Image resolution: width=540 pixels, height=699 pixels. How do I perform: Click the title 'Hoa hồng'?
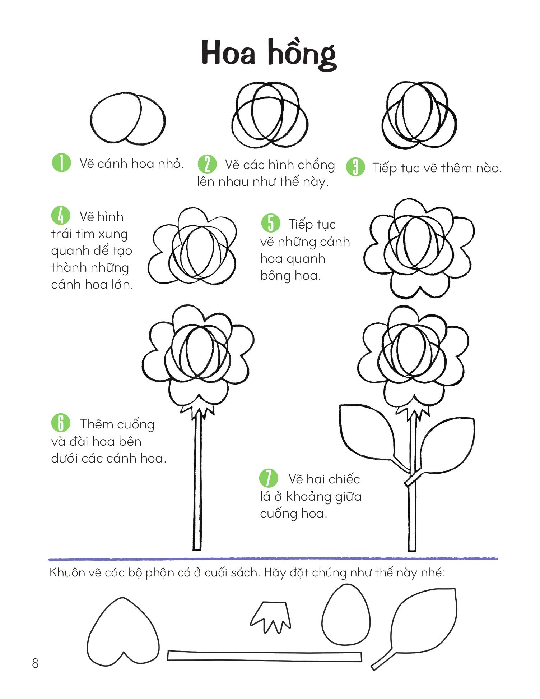tap(269, 54)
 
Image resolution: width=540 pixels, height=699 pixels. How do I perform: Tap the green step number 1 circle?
tap(61, 163)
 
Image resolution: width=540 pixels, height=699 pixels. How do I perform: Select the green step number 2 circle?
tap(207, 164)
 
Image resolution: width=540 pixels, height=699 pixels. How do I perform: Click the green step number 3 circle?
tap(355, 167)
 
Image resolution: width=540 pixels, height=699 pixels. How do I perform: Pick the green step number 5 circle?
tap(270, 223)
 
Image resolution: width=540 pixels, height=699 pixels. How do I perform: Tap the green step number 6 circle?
tap(61, 423)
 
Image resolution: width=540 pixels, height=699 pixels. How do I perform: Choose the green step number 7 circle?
tap(269, 478)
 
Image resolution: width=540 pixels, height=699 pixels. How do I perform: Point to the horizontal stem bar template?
tap(265, 656)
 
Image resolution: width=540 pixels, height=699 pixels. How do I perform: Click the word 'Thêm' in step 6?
tap(96, 424)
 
